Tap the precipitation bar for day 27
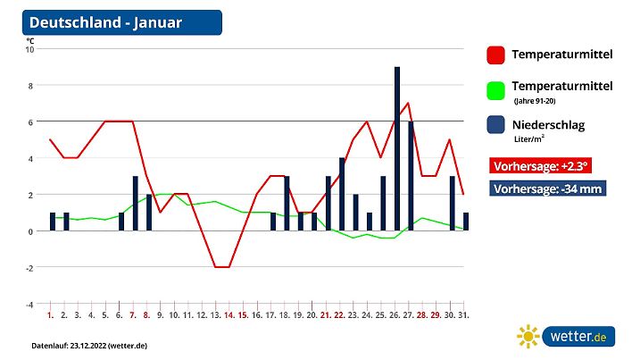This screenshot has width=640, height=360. point(411,176)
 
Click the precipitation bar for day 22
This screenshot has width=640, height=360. point(342,194)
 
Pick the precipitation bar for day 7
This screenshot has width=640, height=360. point(135,204)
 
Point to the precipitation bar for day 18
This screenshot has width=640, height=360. point(287,204)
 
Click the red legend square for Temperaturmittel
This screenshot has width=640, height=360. point(495,54)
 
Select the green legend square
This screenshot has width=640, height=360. point(495,90)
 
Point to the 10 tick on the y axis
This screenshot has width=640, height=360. point(29,49)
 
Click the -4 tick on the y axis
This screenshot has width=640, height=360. point(29,304)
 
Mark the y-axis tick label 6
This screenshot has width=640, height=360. point(30,122)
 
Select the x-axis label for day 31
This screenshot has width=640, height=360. point(465,315)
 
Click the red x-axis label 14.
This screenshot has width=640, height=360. point(229,315)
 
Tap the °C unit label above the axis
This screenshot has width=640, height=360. point(30,40)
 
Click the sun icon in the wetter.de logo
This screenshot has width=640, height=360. point(528,337)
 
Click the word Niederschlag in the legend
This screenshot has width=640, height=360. point(548,125)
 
